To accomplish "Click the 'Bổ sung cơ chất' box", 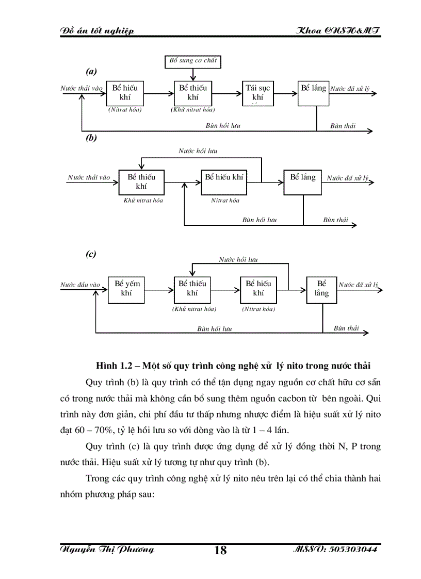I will click(x=193, y=61).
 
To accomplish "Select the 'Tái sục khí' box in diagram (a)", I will click(x=258, y=92).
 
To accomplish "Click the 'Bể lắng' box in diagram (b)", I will click(x=302, y=181).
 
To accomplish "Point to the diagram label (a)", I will click(x=91, y=71).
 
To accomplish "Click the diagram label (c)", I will click(x=91, y=254).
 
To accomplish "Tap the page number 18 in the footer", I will click(x=220, y=550).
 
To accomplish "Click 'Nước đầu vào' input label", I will click(x=80, y=285).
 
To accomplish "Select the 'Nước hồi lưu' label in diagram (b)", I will click(x=198, y=151).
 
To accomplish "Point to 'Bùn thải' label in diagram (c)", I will click(x=346, y=328).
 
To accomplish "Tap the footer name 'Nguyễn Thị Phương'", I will click(x=107, y=550).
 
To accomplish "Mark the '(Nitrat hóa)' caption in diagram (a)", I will click(x=125, y=110).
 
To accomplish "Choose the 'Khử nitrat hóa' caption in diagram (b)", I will click(x=143, y=200).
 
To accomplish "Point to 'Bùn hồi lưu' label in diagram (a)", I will click(x=223, y=125).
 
